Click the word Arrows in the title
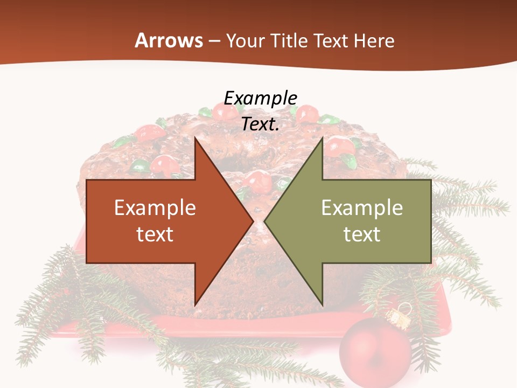tap(169, 40)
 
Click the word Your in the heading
tap(246, 40)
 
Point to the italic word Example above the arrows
tap(261, 98)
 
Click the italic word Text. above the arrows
tap(261, 124)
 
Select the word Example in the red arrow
tap(155, 207)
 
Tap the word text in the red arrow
tap(155, 234)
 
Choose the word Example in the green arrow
tap(362, 207)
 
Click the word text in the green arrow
tap(362, 234)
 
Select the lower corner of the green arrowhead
tap(322, 304)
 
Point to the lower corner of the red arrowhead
tap(195, 304)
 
